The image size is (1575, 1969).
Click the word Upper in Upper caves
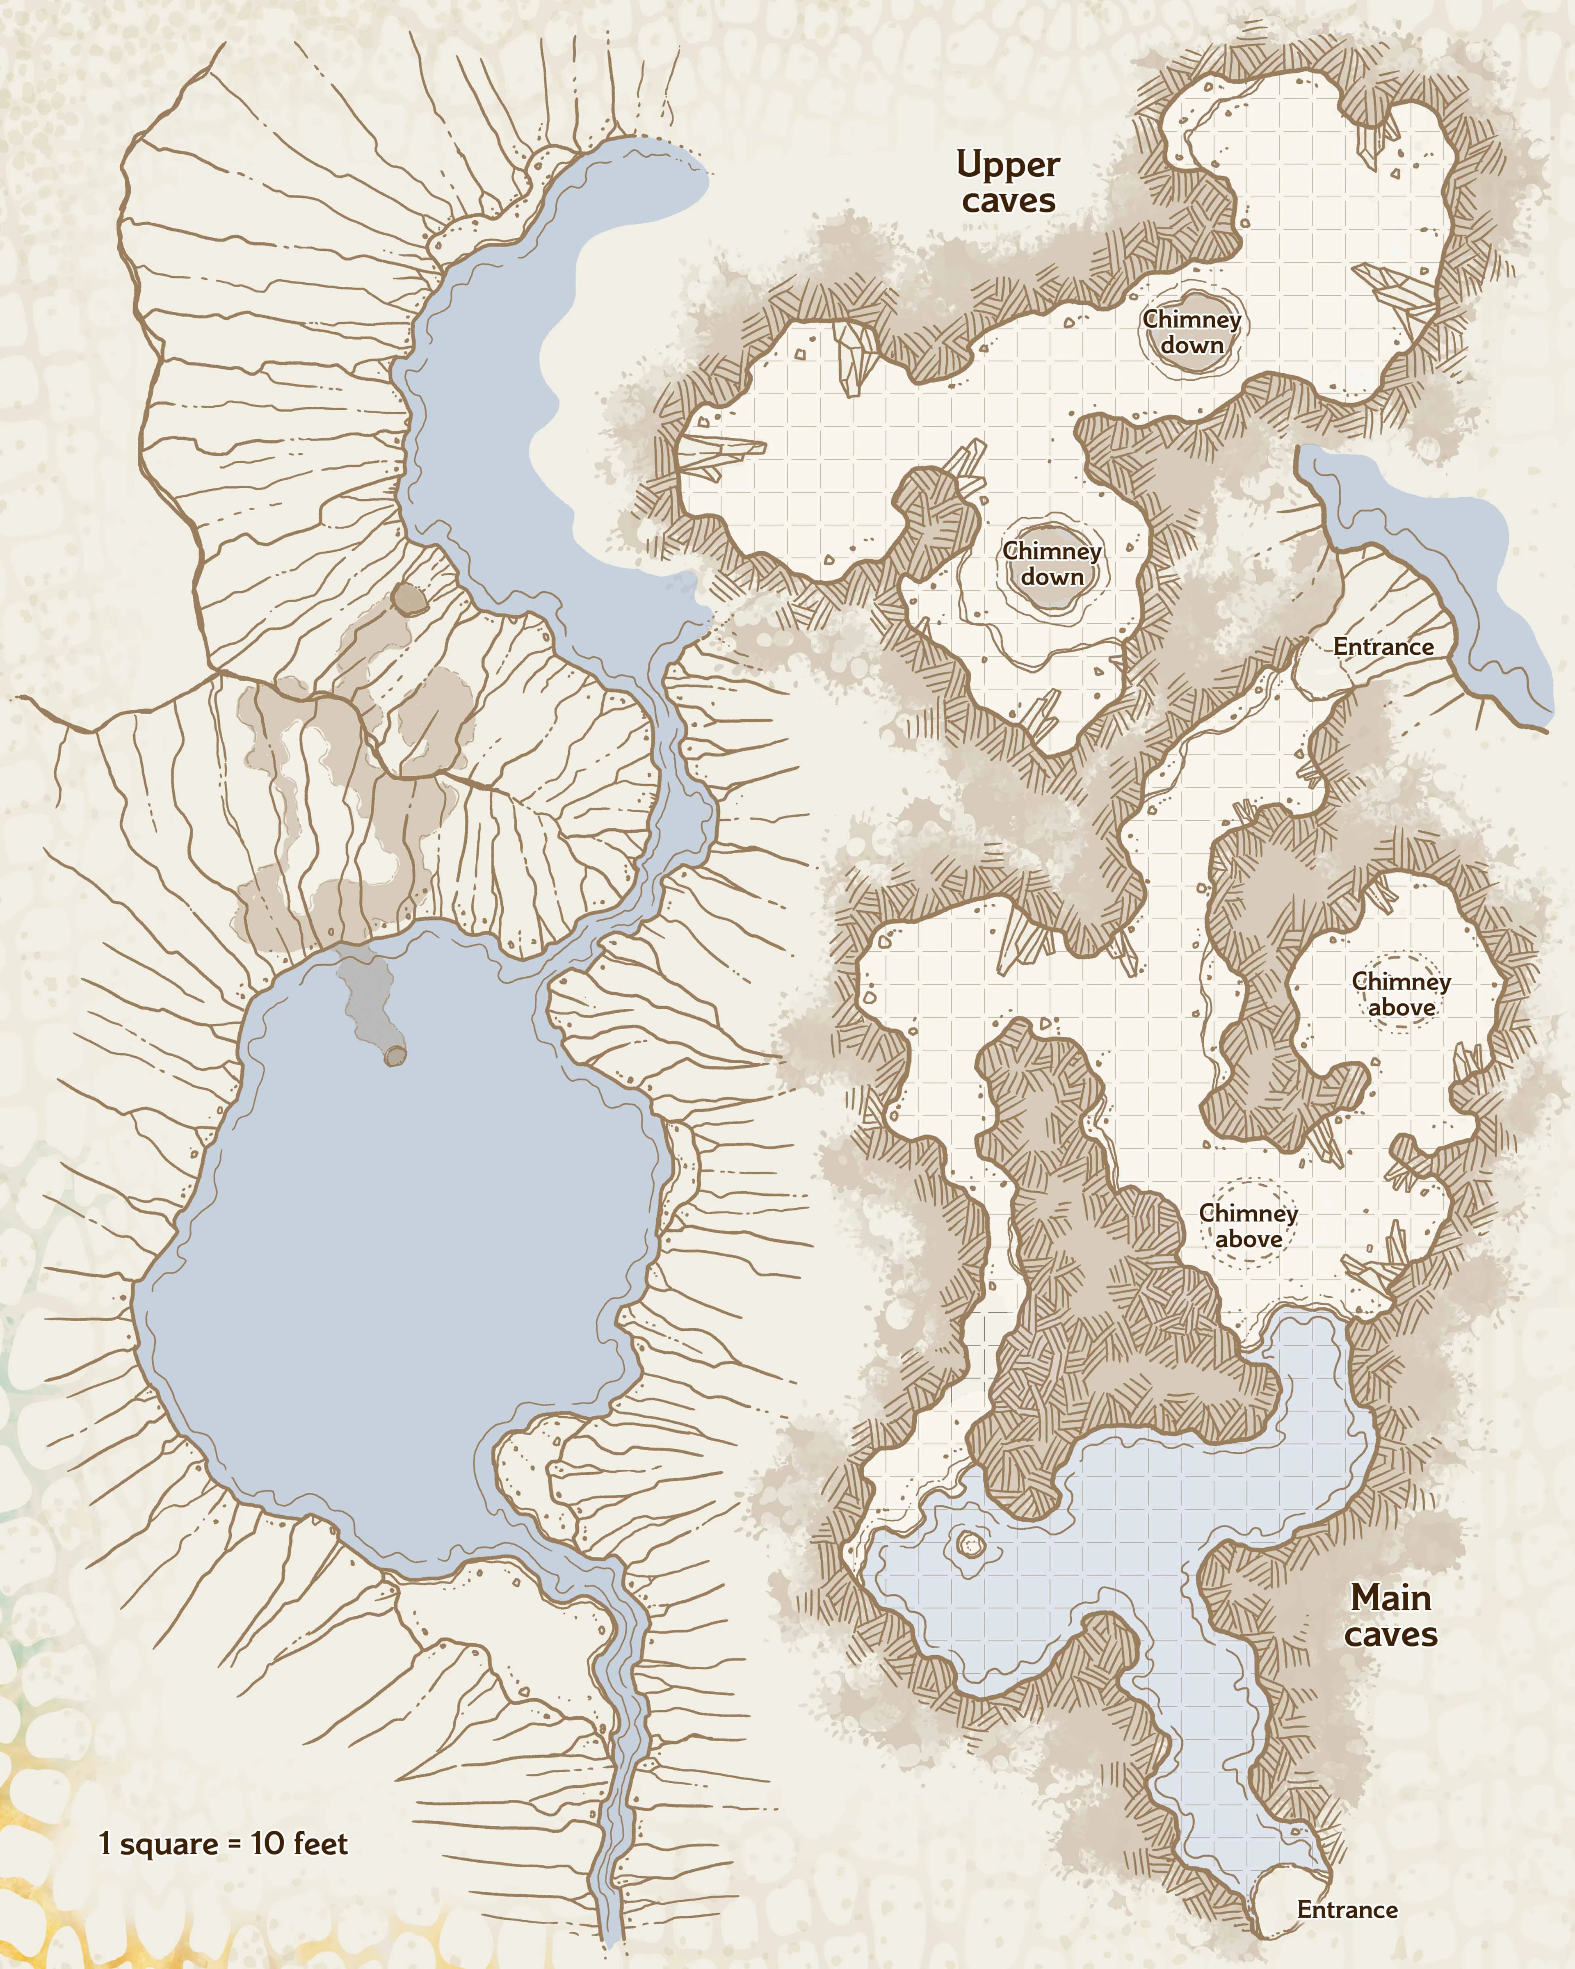tap(1008, 166)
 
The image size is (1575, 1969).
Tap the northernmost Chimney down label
tap(1192, 332)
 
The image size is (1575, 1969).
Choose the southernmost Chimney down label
tap(1052, 564)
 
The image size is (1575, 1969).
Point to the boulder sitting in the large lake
tap(395, 1056)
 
